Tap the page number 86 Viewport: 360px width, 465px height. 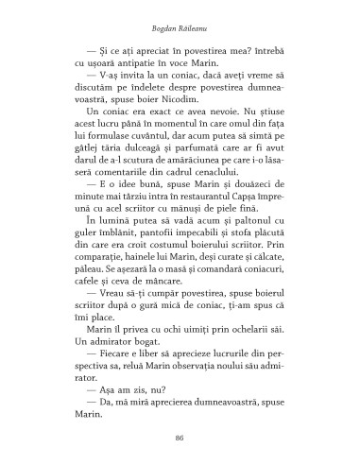coord(180,437)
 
